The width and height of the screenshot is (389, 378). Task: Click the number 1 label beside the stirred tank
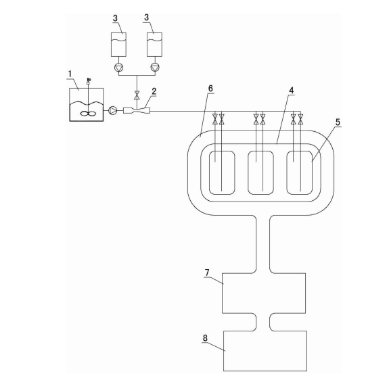pyautogui.click(x=70, y=74)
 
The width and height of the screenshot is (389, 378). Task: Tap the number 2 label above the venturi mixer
pyautogui.click(x=154, y=91)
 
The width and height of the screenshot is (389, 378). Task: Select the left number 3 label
pyautogui.click(x=115, y=18)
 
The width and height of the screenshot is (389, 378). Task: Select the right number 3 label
pyautogui.click(x=146, y=18)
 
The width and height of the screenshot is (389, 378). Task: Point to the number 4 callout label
pyautogui.click(x=292, y=91)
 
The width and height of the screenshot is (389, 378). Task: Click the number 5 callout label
pyautogui.click(x=338, y=122)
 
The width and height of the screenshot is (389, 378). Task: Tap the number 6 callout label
pyautogui.click(x=210, y=89)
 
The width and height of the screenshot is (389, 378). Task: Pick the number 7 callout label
pyautogui.click(x=207, y=273)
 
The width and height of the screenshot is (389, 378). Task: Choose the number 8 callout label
pyautogui.click(x=205, y=338)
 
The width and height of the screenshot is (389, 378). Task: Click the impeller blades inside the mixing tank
pyautogui.click(x=88, y=114)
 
